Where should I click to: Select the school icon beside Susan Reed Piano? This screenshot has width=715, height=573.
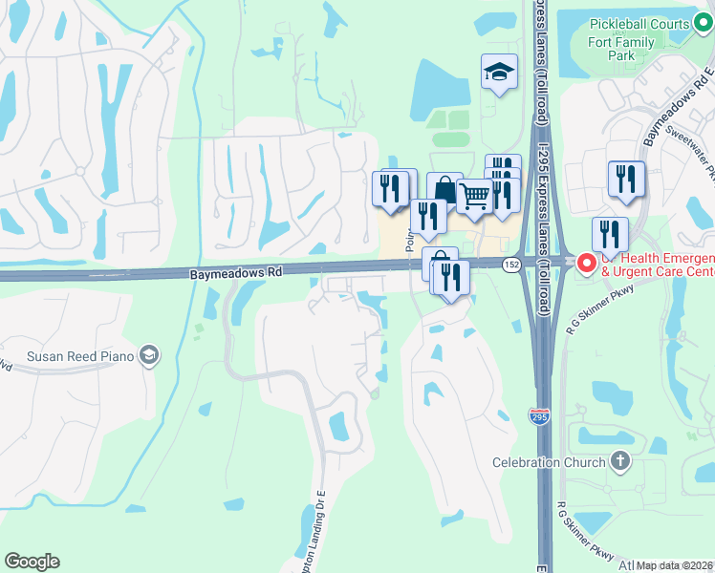(148, 356)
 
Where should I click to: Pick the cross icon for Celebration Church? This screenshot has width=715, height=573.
(619, 462)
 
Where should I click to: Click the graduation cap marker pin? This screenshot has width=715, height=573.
(498, 73)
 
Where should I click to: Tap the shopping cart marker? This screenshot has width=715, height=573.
(474, 196)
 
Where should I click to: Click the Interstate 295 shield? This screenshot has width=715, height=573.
(538, 414)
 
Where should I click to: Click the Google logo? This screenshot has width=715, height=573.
(32, 562)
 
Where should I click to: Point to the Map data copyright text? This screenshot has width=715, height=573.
(675, 565)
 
